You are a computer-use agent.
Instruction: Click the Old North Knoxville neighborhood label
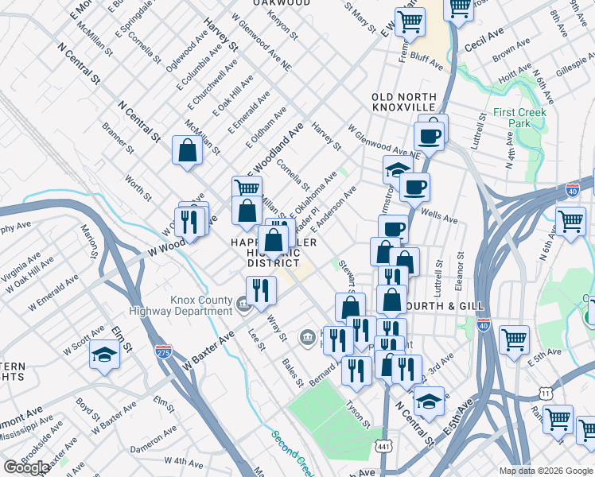coord(403,102)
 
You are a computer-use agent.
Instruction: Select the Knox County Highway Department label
coord(202,306)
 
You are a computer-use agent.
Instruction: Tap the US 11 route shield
coord(545,393)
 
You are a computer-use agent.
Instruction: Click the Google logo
coord(25,467)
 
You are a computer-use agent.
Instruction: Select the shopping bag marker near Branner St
coord(187,151)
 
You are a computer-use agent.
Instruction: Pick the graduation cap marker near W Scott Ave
coord(104,356)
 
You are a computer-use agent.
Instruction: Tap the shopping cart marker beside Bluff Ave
coord(410,23)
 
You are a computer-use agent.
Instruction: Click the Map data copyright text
coord(545,470)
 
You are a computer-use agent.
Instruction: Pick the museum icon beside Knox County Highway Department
coord(243,302)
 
